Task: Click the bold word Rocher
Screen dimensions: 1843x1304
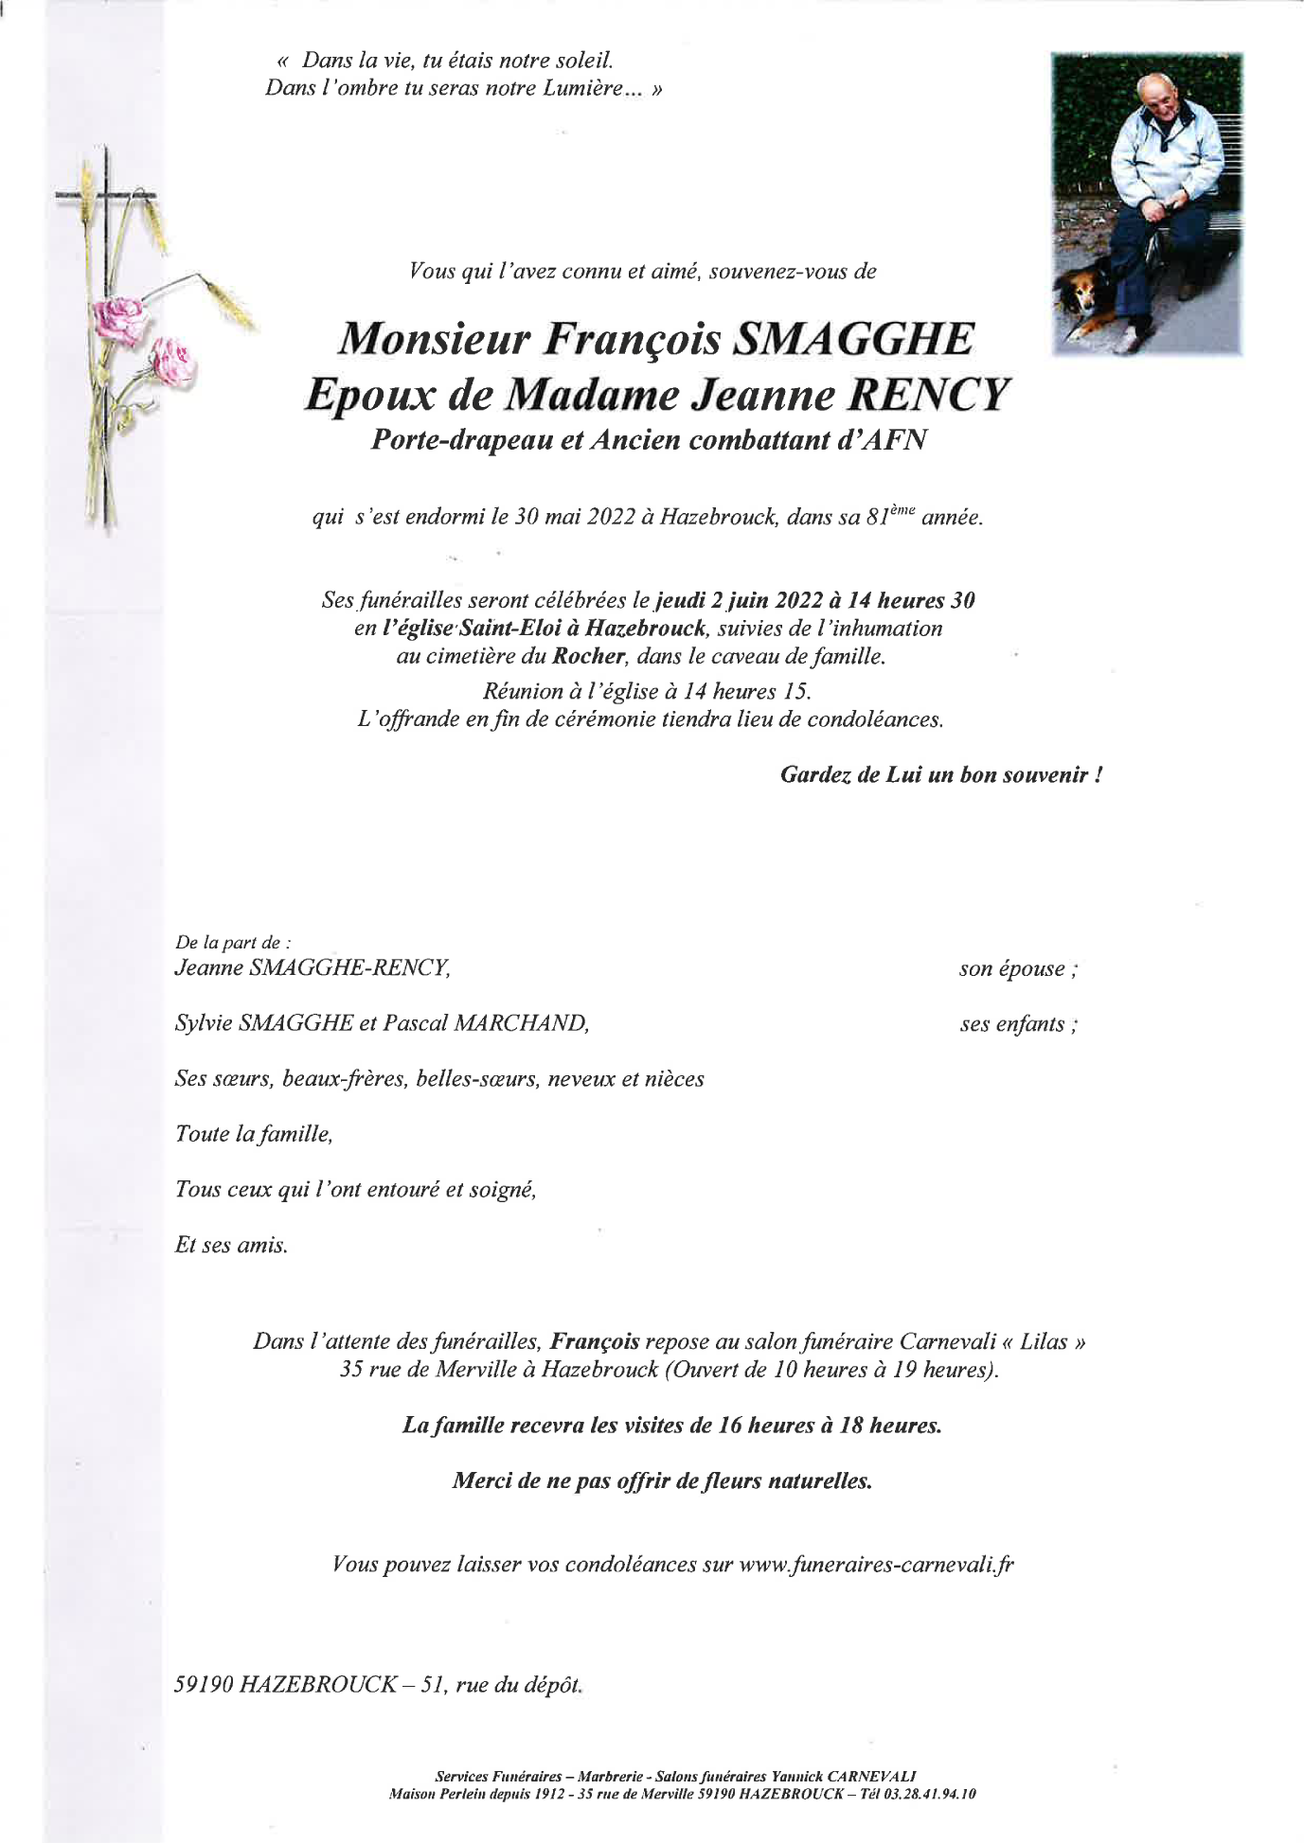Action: (x=589, y=656)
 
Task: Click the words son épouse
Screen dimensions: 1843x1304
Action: (x=1017, y=968)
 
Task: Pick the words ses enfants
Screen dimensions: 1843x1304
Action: (x=1017, y=1024)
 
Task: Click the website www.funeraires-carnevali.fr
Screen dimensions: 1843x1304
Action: (x=875, y=1565)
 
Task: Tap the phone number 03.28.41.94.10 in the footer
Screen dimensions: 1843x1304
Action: (x=929, y=1794)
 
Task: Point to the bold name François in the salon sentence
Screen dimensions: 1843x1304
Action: (x=595, y=1341)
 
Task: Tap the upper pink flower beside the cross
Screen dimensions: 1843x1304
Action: (x=119, y=319)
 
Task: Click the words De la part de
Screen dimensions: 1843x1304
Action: (x=232, y=942)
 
